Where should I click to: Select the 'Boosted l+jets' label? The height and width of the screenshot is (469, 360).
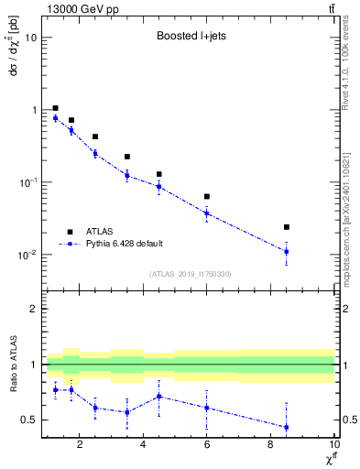pos(191,38)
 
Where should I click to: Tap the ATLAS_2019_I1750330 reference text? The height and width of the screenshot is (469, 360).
pos(191,274)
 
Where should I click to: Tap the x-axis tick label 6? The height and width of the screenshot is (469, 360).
pos(207,446)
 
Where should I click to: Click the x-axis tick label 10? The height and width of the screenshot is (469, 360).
pos(333,446)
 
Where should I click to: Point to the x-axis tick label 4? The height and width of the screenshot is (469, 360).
pos(143,446)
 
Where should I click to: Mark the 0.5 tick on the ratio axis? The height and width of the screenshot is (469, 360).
pos(28,420)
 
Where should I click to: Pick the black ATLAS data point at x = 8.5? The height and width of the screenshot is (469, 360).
pos(287,227)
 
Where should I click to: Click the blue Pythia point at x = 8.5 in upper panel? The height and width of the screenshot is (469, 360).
pos(287,251)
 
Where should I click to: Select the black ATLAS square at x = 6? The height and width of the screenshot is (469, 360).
pos(207,196)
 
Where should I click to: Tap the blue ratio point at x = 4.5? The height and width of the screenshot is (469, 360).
pos(159,397)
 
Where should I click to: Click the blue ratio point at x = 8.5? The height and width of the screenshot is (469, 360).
pos(287,427)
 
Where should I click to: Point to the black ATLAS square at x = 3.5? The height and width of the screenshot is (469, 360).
pos(127,157)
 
